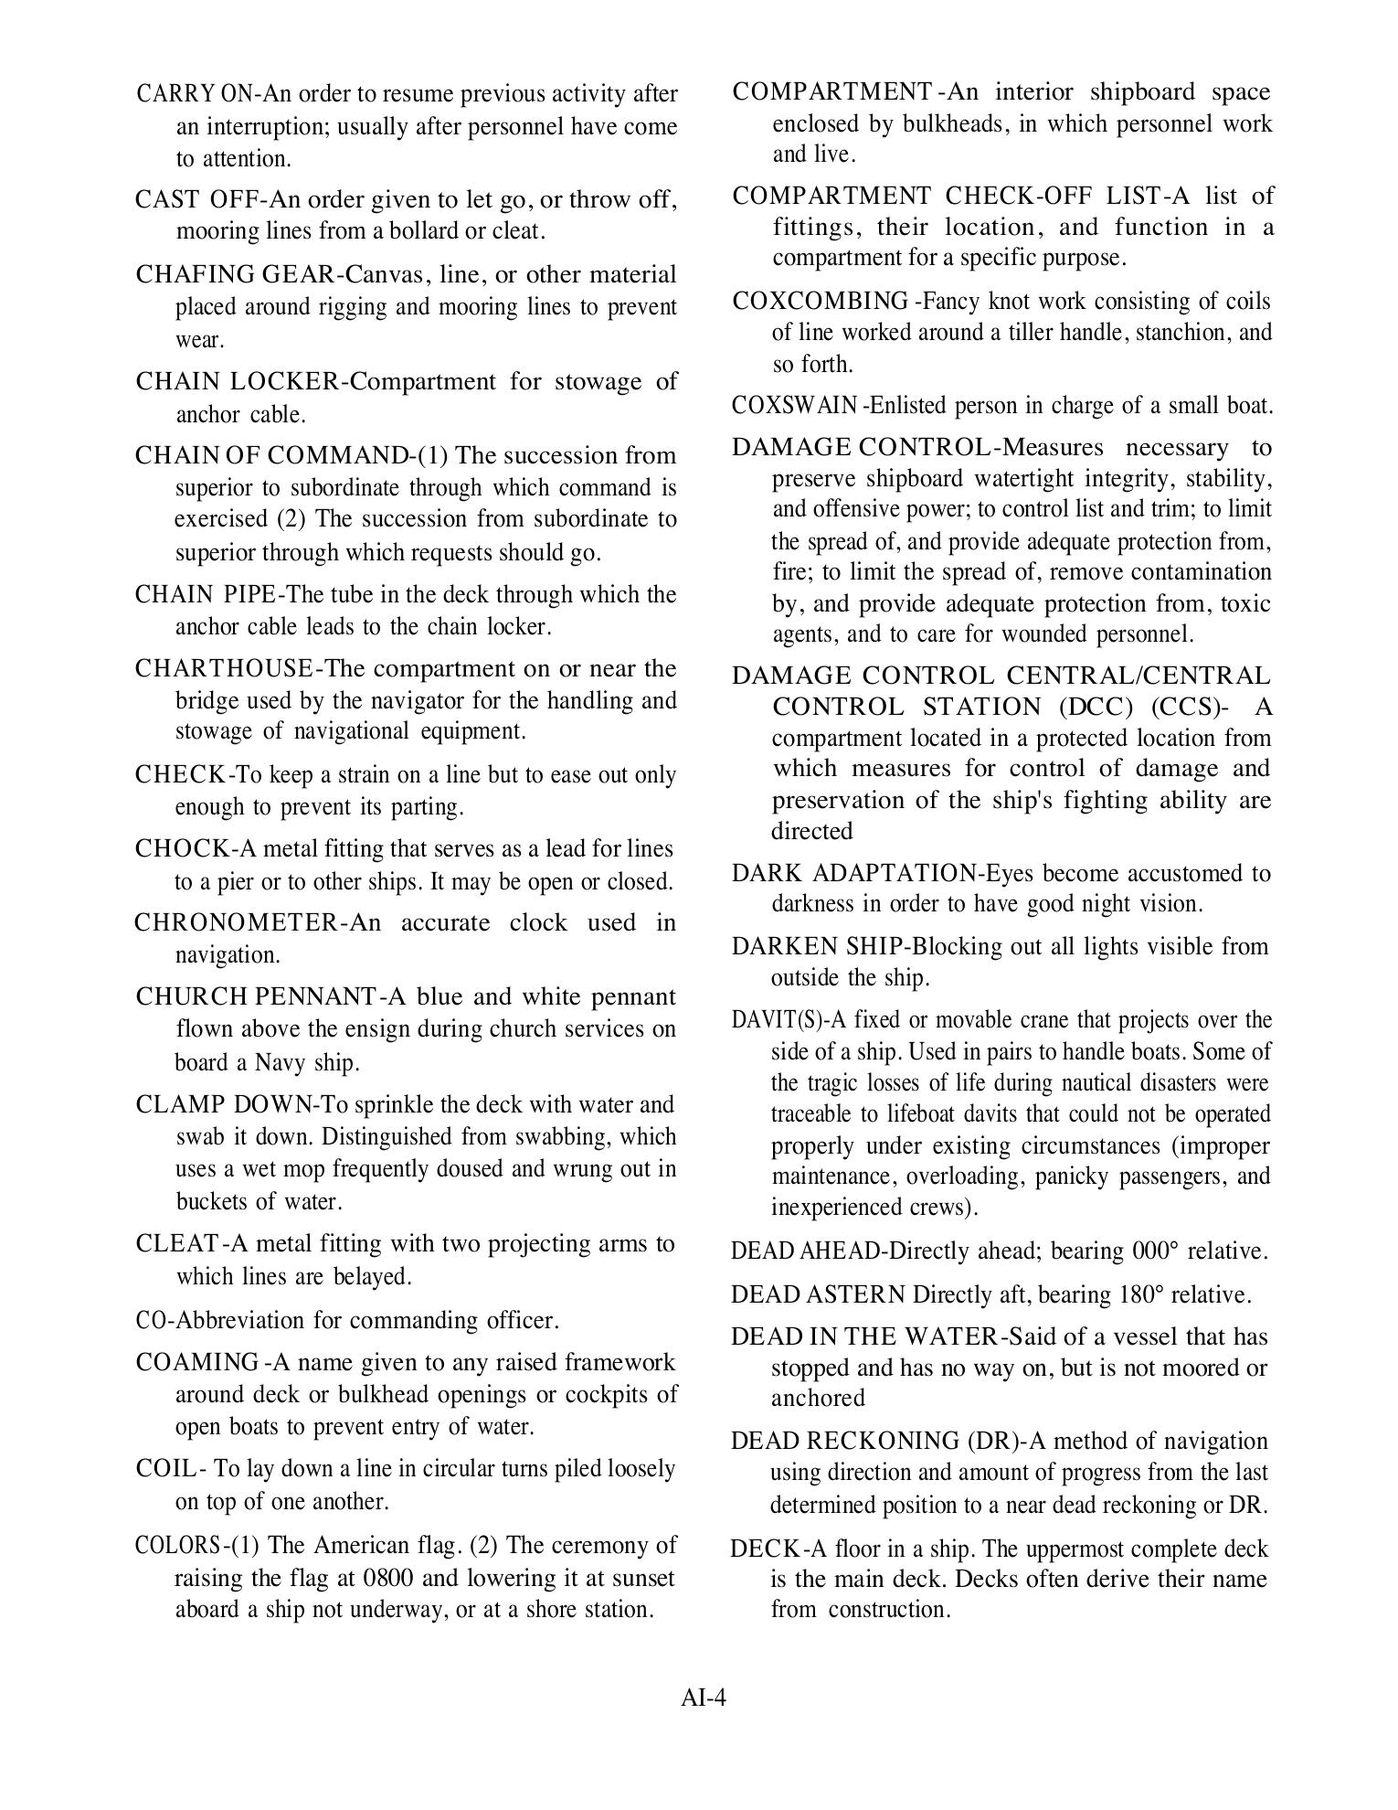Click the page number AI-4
tap(703, 1698)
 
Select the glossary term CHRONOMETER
tap(236, 922)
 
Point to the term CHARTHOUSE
tap(224, 668)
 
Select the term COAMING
tap(196, 1362)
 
